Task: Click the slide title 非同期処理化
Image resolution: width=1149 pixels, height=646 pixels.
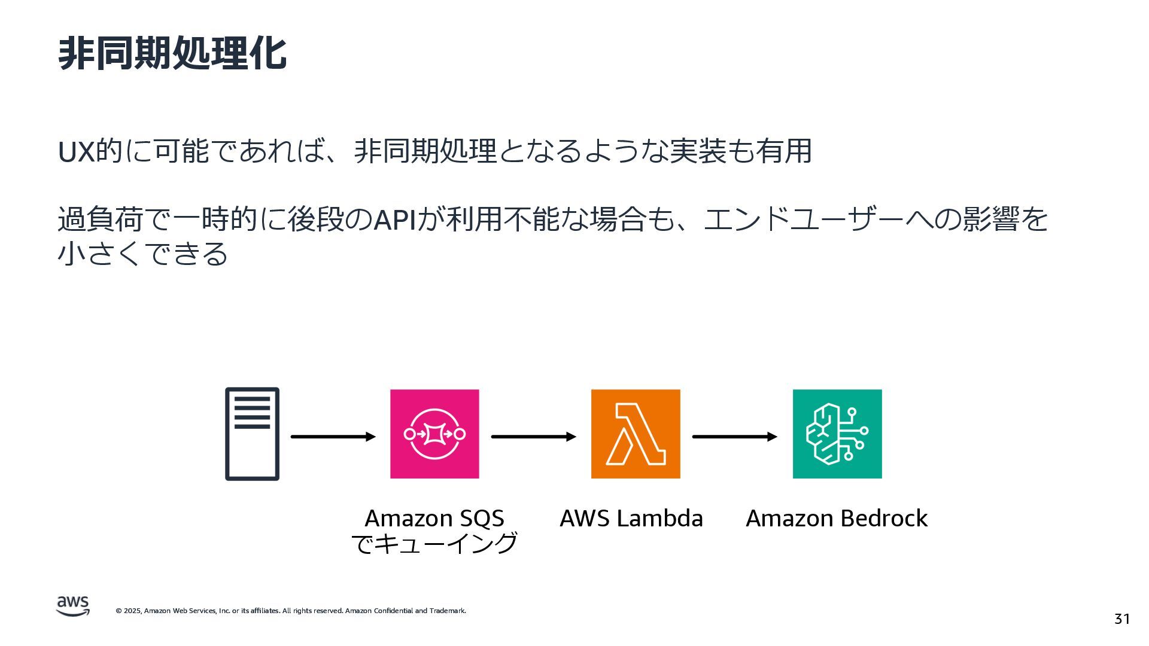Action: click(x=172, y=54)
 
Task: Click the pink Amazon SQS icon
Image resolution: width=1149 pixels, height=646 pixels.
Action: click(x=434, y=434)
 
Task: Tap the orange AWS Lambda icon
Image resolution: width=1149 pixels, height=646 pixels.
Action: click(x=636, y=434)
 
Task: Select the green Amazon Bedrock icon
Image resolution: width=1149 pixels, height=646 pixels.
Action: click(x=837, y=434)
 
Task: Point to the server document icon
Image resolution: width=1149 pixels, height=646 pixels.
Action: click(x=252, y=434)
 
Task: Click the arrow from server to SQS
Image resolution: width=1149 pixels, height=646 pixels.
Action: click(x=333, y=437)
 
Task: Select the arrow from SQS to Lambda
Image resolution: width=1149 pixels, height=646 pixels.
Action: click(x=533, y=437)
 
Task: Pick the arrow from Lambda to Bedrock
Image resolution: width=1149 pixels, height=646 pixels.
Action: click(x=734, y=437)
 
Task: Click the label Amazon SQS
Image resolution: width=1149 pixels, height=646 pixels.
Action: click(x=434, y=518)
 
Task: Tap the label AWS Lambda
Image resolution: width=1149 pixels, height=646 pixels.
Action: click(x=631, y=518)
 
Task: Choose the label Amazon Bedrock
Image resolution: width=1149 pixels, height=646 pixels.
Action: click(x=837, y=518)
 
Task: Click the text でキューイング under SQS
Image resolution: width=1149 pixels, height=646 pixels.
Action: click(x=434, y=544)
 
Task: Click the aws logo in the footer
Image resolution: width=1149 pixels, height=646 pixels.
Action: click(x=73, y=606)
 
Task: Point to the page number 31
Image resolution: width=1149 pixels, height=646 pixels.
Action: click(x=1122, y=618)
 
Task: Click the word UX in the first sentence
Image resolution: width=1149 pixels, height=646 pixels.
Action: click(x=76, y=152)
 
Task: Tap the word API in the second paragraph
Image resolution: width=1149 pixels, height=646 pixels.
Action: click(x=395, y=220)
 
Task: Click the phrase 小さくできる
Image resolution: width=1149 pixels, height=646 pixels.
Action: click(x=142, y=254)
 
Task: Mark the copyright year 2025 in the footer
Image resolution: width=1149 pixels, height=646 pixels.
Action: click(x=132, y=611)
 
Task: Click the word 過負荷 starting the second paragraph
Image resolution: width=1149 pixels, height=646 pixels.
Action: click(x=101, y=220)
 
